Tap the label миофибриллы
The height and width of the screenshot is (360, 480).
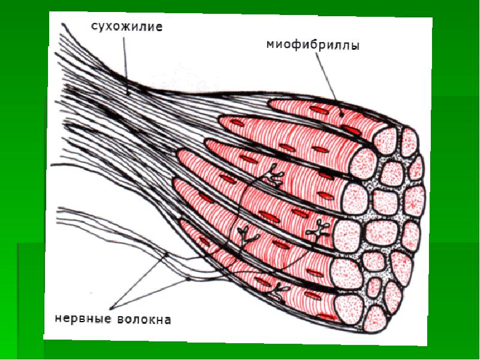[x=313, y=45]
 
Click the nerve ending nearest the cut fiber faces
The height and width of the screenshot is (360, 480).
[x=314, y=226]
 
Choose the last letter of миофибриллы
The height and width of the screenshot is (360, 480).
[x=356, y=46]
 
